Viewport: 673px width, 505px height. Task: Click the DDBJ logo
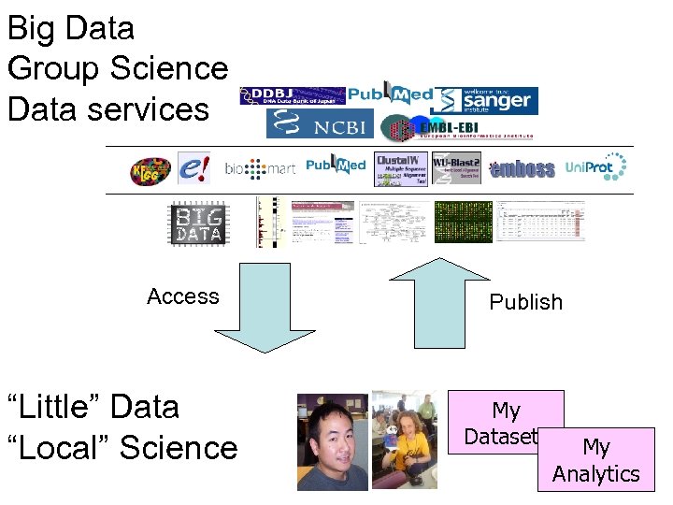(x=293, y=95)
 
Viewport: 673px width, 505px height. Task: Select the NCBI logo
(x=320, y=124)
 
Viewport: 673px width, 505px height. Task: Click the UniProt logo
(x=596, y=167)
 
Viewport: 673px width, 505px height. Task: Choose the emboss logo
(x=523, y=169)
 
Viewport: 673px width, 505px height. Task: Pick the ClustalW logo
(x=401, y=168)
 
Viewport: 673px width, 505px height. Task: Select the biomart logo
(x=260, y=169)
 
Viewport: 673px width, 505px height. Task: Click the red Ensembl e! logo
(x=194, y=168)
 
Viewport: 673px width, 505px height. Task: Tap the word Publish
(x=526, y=302)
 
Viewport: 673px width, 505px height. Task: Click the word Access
(x=182, y=296)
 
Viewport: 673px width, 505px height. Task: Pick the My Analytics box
(x=596, y=460)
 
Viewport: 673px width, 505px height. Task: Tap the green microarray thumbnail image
(x=462, y=223)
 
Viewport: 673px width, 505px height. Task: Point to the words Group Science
(x=117, y=68)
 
